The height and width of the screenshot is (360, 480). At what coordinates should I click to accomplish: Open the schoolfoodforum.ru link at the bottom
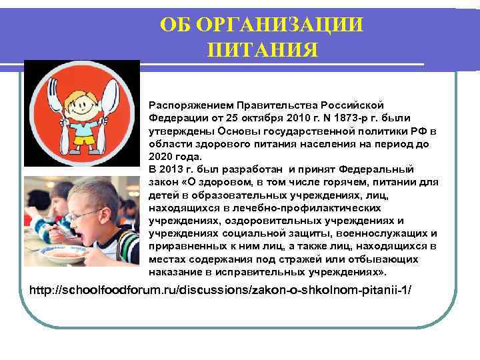coord(223,291)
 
